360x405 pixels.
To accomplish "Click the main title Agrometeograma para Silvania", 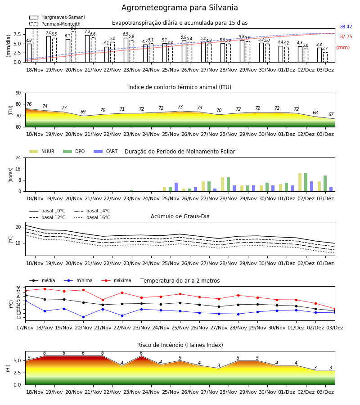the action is coord(180,8).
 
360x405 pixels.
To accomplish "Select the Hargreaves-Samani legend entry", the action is coord(57,17).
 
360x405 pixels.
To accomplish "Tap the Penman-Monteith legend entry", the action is coord(55,24).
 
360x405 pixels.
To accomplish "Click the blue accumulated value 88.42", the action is coord(346,27).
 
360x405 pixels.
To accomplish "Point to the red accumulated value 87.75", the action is coord(346,37).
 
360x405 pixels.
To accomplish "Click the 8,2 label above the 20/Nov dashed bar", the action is coord(73,28).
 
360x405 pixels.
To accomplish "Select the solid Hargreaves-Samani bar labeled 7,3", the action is coord(87,49).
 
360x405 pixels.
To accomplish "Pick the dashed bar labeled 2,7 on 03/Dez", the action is coord(325,57).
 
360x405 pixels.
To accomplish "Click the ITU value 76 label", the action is coord(29,104).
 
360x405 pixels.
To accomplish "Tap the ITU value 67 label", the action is coord(331,114).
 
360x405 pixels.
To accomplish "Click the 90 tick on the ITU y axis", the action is coord(18,93).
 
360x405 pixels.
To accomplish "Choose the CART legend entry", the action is coord(106,151).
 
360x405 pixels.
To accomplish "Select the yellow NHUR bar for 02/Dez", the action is coord(300,182).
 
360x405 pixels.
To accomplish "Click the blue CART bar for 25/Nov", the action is coord(176,187).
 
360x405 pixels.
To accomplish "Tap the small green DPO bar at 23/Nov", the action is coord(131,191).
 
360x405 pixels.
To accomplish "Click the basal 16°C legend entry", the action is coord(92,217).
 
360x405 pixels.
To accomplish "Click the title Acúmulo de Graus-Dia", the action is coord(180,216).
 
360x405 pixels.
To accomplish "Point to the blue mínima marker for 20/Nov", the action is coord(83,317).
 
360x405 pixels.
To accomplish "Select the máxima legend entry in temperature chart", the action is coord(116,280).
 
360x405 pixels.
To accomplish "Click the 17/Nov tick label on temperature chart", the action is coord(25,328).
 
